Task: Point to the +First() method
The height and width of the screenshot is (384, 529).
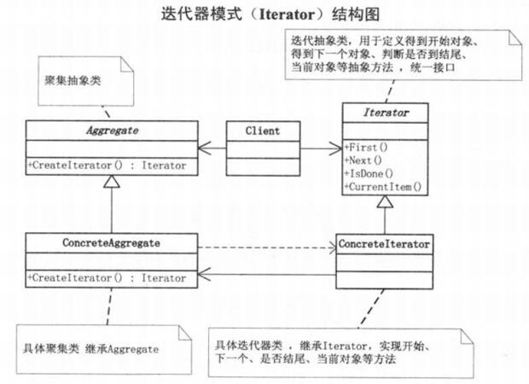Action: [365, 147]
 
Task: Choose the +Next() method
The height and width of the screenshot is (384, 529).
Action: [363, 160]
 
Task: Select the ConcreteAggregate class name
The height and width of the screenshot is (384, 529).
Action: [112, 242]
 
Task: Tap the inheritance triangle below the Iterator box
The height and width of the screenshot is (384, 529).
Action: [384, 202]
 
